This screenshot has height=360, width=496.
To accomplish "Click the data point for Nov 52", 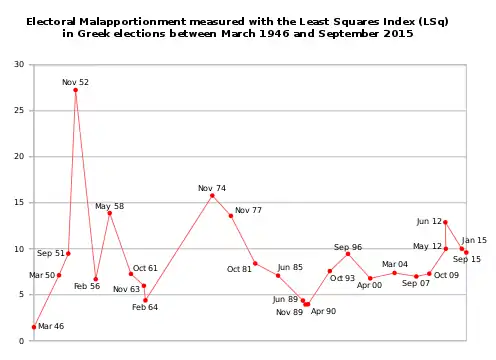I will (76, 90).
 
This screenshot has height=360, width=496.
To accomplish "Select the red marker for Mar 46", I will (34, 327).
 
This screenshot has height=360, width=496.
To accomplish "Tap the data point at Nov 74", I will (212, 195).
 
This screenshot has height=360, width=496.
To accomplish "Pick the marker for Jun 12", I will (445, 222).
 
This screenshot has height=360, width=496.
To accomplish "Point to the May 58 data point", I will (110, 213).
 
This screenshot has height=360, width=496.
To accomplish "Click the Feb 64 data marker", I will (145, 300).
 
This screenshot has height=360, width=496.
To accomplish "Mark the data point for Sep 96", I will (348, 254).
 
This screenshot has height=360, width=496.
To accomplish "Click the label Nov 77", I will (248, 210).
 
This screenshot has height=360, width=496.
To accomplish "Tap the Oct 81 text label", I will (240, 269).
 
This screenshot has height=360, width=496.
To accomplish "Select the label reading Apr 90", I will (324, 311).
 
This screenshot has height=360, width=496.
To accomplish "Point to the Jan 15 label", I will (475, 240).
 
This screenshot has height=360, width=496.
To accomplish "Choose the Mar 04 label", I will (395, 264).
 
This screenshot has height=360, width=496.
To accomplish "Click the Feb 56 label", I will (88, 286).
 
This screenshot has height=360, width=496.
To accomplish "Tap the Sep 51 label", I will (51, 254).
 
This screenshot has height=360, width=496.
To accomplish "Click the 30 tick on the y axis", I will (19, 65).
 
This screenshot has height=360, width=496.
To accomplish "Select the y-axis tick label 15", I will (19, 203).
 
